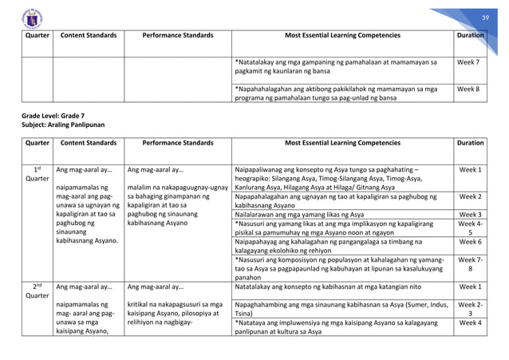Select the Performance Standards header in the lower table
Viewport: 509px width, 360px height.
176,142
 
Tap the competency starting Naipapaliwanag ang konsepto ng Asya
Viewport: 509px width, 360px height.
335,178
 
